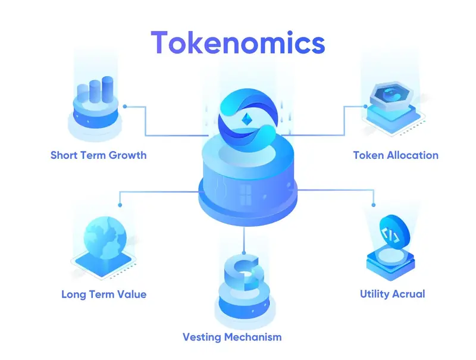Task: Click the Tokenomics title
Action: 237,42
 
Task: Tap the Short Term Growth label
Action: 98,155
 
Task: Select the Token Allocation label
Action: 396,155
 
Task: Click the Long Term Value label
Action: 104,294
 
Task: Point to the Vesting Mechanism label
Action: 232,337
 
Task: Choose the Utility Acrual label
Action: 392,294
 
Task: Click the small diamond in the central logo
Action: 247,119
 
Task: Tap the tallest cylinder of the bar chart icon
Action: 108,89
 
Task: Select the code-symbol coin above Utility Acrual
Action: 394,233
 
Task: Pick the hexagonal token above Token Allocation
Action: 392,94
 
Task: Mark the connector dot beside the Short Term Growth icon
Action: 125,107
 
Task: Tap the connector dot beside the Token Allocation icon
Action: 365,107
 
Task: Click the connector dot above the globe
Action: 120,205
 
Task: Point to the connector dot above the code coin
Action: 374,205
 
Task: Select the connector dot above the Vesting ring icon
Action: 244,252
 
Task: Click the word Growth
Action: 127,155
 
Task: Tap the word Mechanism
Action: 253,337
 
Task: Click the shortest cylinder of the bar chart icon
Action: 83,93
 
